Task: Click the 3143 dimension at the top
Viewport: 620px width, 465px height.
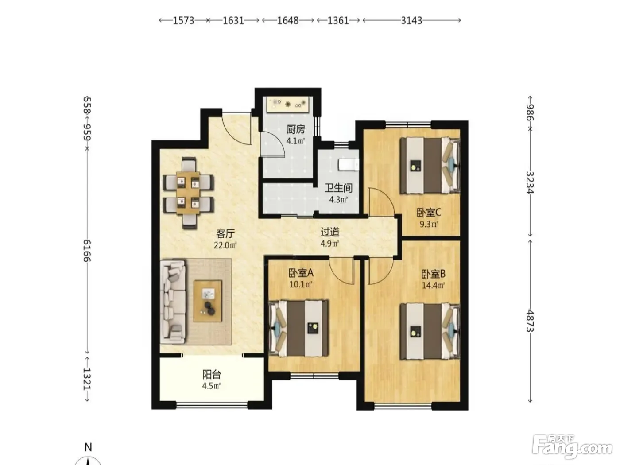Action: pyautogui.click(x=411, y=21)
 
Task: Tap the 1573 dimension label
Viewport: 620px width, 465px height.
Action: pyautogui.click(x=184, y=21)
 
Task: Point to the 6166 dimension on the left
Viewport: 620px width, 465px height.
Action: pyautogui.click(x=87, y=251)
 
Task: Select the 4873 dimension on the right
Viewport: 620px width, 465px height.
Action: pyautogui.click(x=530, y=321)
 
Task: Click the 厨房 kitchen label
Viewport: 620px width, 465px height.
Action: pyautogui.click(x=296, y=130)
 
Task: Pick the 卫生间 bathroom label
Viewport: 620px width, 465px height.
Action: pyautogui.click(x=338, y=188)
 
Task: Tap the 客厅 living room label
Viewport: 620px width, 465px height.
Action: pyautogui.click(x=225, y=233)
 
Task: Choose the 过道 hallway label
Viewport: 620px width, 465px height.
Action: pyautogui.click(x=330, y=232)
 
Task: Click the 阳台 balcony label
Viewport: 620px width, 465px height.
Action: pyautogui.click(x=212, y=374)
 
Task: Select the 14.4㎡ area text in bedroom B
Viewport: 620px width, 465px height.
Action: pyautogui.click(x=433, y=286)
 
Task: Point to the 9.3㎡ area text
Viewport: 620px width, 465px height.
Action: pyautogui.click(x=429, y=224)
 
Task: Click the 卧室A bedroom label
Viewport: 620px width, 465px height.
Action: pyautogui.click(x=301, y=273)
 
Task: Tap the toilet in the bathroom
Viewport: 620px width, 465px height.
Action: pyautogui.click(x=349, y=165)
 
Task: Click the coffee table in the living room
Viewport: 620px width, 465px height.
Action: pyautogui.click(x=208, y=301)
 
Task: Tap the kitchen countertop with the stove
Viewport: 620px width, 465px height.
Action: pyautogui.click(x=288, y=104)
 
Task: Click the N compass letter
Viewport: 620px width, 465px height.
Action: pyautogui.click(x=88, y=447)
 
